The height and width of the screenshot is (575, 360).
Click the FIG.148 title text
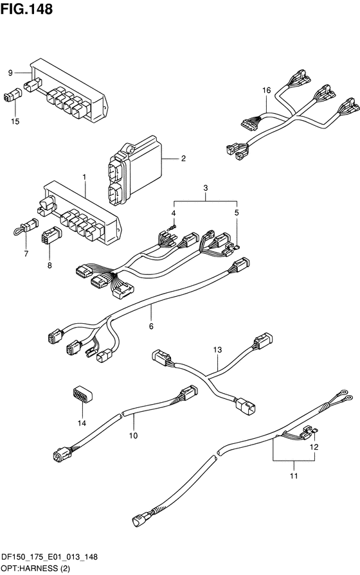point(26,9)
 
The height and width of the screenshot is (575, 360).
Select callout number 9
point(10,73)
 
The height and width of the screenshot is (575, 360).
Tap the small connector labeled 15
point(12,95)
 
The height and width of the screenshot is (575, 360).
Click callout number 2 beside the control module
point(183,159)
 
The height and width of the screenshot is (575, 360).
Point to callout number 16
point(266,90)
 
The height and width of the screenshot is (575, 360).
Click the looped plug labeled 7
point(24,227)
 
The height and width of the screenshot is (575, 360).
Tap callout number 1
point(84,177)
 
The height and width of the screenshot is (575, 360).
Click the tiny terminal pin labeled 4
point(172,227)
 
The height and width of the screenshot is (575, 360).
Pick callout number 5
point(237,213)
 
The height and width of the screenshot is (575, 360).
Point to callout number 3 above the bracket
point(206,188)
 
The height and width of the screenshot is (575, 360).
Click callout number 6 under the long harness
point(151,326)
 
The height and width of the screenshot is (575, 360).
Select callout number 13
point(218,350)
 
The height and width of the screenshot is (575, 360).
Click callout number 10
point(133,436)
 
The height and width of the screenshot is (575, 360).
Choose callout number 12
point(314,447)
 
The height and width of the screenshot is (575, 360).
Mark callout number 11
point(294,476)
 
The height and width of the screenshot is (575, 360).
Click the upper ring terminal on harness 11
point(343,392)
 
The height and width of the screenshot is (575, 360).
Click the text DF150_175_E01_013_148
point(50,557)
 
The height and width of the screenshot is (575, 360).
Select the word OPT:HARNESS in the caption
point(30,569)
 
